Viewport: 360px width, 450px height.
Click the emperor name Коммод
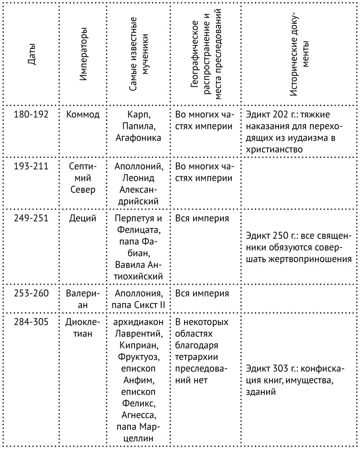click(83, 114)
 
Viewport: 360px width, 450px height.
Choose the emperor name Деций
click(83, 219)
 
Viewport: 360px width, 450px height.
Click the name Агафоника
click(138, 138)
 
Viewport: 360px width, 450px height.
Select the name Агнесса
click(138, 416)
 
